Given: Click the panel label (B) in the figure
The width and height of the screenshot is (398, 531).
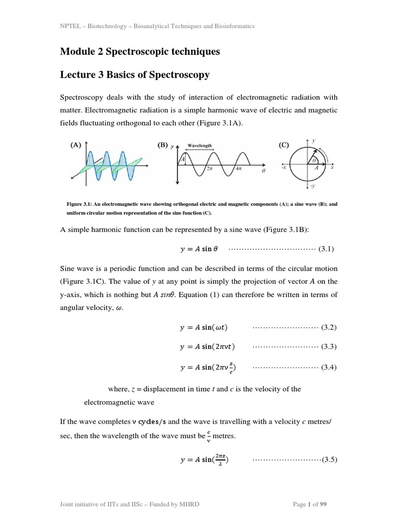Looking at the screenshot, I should tap(163, 146).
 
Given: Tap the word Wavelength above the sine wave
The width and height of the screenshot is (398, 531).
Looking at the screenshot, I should tap(199, 146).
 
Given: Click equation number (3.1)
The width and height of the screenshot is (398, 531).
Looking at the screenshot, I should tap(326, 248).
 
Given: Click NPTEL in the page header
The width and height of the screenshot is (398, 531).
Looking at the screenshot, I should tap(70, 26).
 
